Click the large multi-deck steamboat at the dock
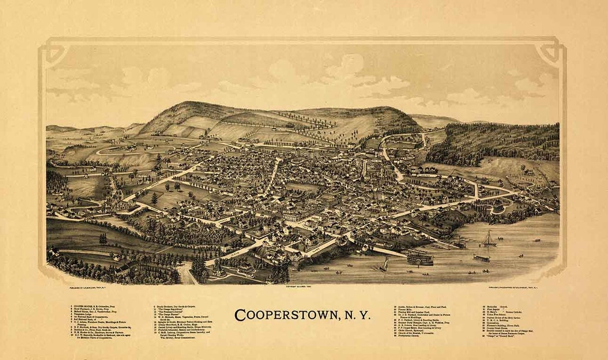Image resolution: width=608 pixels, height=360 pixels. tap(420, 257)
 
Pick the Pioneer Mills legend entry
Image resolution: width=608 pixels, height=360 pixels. tap(410, 309)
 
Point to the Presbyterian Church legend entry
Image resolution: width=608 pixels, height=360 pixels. tap(416, 337)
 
